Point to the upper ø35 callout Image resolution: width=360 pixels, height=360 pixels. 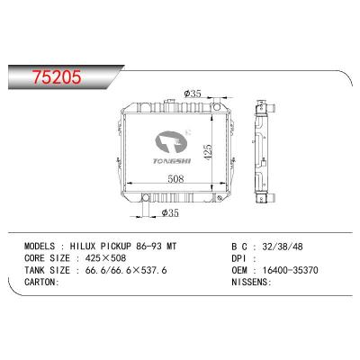(192, 93)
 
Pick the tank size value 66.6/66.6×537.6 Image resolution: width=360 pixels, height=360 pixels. (129, 268)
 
